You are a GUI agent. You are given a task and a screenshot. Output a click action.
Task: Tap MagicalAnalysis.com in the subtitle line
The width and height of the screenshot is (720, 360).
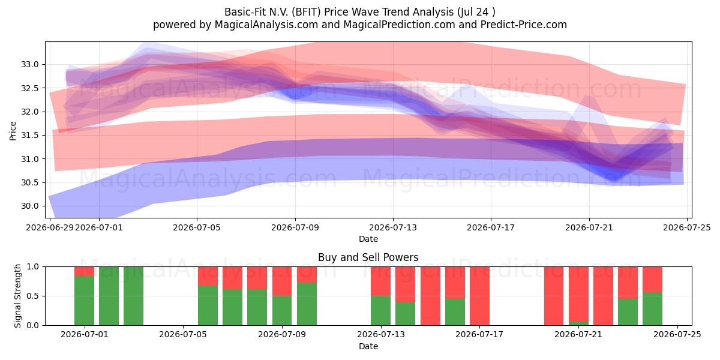tap(266, 25)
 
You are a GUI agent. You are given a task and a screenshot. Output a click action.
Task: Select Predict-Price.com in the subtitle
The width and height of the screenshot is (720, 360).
tap(524, 25)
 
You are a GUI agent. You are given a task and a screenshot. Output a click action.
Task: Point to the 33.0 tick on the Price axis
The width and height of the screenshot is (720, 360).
tap(29, 65)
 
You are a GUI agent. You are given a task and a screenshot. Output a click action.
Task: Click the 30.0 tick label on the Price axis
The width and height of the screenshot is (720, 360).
tap(29, 206)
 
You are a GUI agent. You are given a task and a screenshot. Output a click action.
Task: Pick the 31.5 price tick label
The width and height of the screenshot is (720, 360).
tap(29, 136)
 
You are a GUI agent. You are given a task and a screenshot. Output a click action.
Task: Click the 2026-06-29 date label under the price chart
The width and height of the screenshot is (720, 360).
tap(50, 227)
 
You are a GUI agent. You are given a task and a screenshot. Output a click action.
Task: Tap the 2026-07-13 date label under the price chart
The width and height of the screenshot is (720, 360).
tap(393, 227)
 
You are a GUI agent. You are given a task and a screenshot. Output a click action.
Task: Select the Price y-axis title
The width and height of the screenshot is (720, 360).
tap(13, 131)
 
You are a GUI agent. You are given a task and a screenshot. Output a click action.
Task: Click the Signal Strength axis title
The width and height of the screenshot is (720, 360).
tap(17, 296)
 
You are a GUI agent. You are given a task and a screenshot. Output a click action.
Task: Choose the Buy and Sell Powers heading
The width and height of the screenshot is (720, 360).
tap(368, 257)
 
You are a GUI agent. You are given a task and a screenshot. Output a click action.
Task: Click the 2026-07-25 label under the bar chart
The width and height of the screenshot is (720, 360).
tap(677, 335)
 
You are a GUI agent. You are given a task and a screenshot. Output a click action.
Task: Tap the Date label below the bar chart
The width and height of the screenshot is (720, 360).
tap(368, 346)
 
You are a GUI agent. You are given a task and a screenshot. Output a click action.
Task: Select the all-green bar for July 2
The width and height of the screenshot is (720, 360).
tap(109, 296)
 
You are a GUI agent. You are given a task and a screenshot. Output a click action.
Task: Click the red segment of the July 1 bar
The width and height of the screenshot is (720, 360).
tap(84, 271)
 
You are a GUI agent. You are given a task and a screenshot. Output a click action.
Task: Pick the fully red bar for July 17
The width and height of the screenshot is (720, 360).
tap(479, 296)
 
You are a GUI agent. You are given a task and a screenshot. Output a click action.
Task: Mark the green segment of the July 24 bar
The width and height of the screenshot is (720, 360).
tap(653, 308)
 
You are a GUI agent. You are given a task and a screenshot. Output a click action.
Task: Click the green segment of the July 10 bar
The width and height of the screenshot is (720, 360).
tap(307, 304)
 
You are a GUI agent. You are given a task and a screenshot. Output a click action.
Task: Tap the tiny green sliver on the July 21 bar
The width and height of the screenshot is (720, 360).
tap(578, 323)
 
